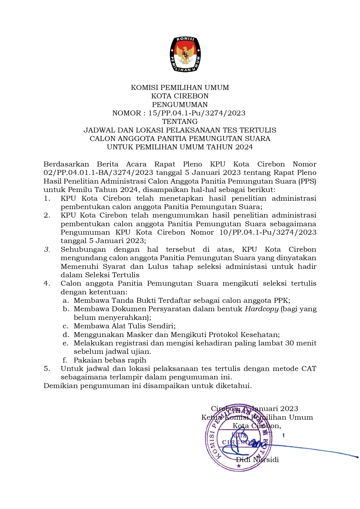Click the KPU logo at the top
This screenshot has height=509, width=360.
tap(185, 54)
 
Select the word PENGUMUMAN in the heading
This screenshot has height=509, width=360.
tap(180, 104)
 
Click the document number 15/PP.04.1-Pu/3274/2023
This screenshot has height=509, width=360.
tap(197, 113)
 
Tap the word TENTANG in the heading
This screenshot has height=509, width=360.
tap(180, 121)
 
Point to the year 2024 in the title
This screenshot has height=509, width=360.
tap(244, 147)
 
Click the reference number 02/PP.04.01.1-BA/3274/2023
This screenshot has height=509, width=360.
tap(98, 173)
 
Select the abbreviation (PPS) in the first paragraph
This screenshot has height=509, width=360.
tap(306, 181)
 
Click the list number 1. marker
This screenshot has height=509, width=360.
tap(47, 198)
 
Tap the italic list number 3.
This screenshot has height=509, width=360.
tap(47, 249)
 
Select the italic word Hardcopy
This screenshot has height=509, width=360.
tap(262, 309)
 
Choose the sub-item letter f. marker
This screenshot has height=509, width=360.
tap(65, 360)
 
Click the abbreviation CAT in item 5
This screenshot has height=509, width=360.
tap(309, 369)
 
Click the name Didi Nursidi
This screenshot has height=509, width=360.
tap(257, 459)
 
